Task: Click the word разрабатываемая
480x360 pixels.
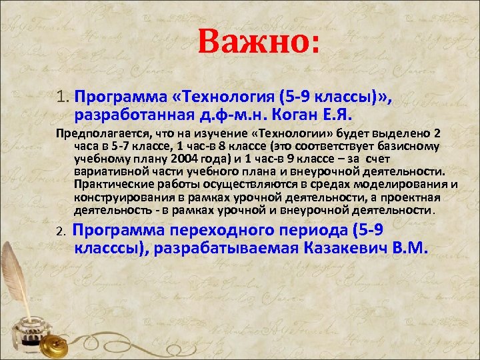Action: (230, 249)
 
